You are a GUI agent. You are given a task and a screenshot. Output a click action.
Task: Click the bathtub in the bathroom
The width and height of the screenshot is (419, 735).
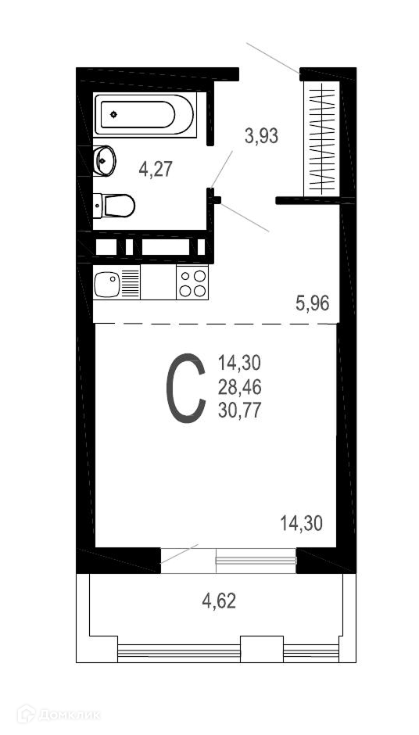[144, 115]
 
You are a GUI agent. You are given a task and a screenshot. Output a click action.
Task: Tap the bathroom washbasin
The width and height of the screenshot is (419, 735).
[104, 161]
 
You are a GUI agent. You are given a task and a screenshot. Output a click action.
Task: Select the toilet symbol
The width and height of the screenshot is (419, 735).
[114, 206]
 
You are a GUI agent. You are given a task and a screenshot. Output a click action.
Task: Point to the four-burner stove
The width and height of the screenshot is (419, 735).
[192, 282]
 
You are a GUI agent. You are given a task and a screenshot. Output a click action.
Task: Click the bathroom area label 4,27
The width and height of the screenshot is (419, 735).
[156, 168]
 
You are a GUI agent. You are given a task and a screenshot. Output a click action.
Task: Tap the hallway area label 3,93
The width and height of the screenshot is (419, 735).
[262, 136]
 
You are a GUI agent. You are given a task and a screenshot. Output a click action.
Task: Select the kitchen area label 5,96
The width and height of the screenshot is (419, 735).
[312, 303]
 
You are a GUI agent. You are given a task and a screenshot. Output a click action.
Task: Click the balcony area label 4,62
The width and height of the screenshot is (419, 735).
[219, 601]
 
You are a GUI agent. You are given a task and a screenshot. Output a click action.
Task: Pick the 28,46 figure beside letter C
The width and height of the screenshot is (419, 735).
[239, 387]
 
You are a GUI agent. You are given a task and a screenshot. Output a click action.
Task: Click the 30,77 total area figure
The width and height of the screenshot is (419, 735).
[239, 411]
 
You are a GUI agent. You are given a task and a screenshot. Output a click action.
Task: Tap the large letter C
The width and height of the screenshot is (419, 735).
[186, 388]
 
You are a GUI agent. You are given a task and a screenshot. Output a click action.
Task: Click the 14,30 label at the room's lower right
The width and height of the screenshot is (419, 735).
[302, 523]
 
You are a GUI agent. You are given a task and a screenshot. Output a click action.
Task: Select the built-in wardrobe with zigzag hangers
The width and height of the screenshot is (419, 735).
[322, 138]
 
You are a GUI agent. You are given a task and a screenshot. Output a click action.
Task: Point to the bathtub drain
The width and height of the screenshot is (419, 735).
[113, 114]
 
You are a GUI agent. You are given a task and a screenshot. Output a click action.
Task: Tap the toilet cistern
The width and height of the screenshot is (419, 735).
[98, 206]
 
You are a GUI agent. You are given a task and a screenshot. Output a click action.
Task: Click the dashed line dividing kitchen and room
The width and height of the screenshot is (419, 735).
[216, 324]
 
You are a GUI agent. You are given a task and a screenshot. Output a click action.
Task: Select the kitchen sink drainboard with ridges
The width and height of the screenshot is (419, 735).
[131, 282]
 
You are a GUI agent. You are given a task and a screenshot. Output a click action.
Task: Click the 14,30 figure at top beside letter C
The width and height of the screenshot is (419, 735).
[239, 363]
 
